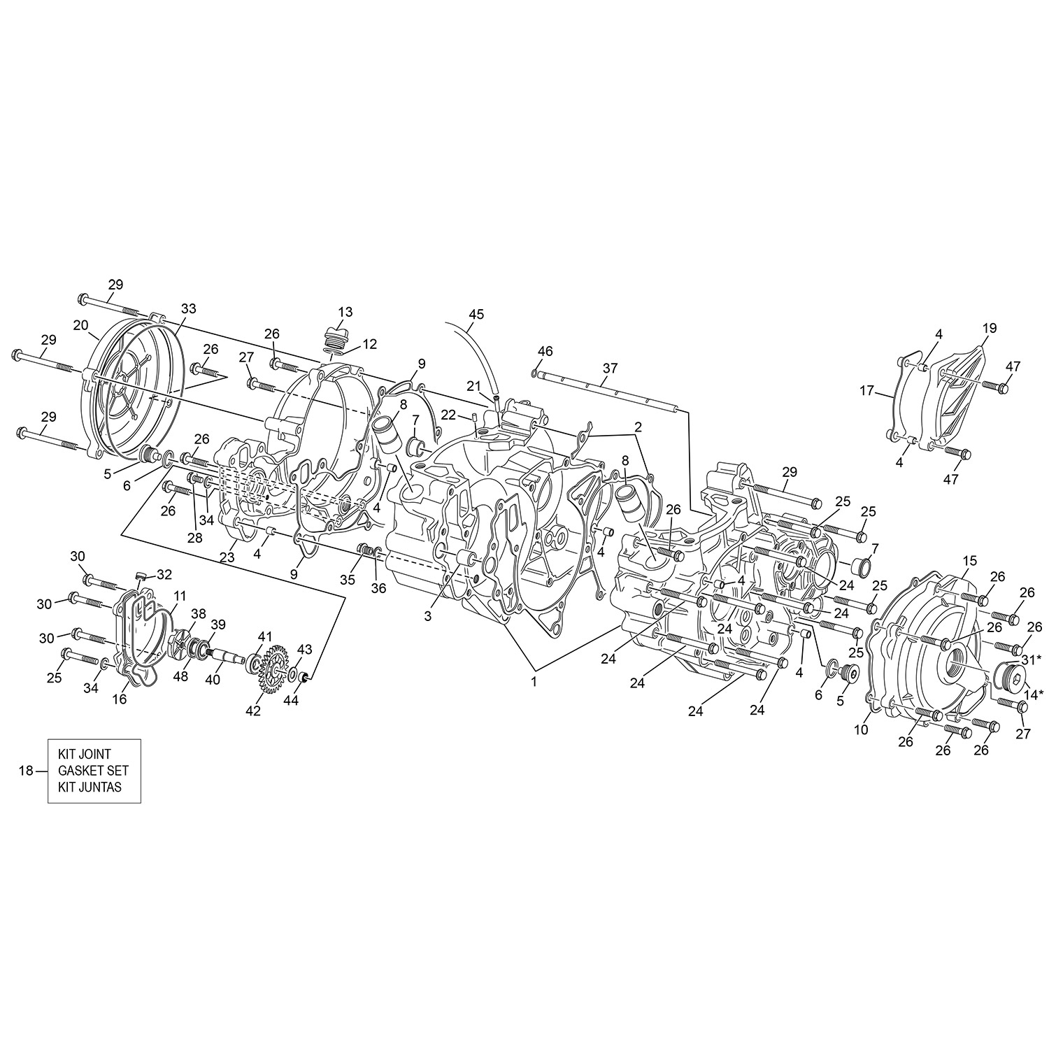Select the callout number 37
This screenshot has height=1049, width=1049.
611,368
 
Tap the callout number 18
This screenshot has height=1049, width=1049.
26,771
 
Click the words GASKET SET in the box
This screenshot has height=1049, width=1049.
94,771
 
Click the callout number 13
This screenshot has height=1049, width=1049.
345,311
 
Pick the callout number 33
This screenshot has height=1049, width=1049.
188,308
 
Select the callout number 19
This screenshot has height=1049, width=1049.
989,328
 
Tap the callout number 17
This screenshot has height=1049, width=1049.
867,392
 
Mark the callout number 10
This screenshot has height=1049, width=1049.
861,729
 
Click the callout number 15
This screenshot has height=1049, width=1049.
969,560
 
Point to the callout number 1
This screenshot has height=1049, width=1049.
534,682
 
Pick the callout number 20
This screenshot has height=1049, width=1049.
80,325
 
